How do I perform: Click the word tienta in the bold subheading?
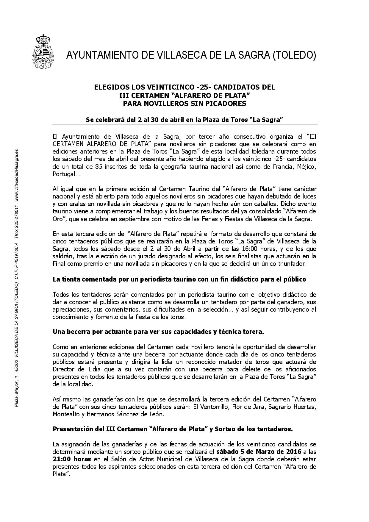[x=68, y=279]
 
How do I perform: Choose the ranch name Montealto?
[x=66, y=414]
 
